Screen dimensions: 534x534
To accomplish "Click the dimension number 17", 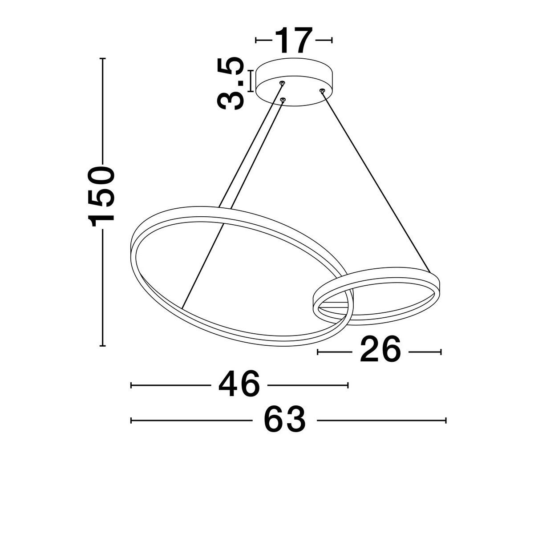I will (294, 40).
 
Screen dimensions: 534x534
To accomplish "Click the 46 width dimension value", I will (239, 385).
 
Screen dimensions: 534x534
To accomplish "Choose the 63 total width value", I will (285, 420).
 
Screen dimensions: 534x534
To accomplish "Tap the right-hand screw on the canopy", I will (322, 91).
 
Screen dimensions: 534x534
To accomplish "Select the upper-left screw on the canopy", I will (282, 83).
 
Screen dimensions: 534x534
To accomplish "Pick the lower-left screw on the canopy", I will (283, 100).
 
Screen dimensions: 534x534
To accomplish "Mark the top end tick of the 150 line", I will (103, 59).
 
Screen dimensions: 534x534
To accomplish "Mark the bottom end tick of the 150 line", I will (103, 345).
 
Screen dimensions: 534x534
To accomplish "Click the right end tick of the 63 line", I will (445, 420).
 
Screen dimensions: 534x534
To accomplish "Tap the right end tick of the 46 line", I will (348, 385).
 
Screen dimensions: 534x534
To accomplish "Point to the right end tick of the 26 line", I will (441, 352).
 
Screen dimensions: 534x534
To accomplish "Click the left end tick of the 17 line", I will (256, 40).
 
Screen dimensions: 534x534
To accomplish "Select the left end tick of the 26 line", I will (318, 352).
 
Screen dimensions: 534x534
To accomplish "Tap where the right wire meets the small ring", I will (430, 271).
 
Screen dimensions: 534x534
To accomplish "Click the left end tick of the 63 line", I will (131, 420).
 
